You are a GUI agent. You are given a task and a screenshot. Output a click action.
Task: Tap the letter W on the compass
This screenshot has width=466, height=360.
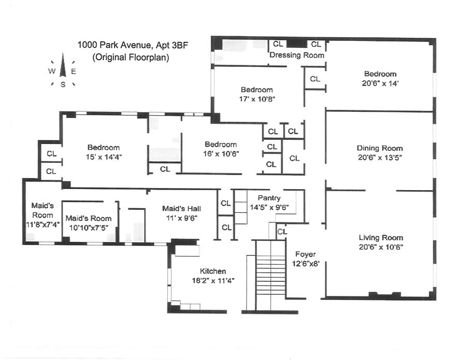click(x=52, y=71)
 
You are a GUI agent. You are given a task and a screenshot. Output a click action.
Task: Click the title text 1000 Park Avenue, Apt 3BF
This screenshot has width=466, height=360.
click(x=133, y=46)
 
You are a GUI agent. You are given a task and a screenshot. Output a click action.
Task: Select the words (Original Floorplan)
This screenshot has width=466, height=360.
click(x=131, y=57)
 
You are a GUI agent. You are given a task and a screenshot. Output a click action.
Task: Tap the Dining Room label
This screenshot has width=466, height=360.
click(x=380, y=148)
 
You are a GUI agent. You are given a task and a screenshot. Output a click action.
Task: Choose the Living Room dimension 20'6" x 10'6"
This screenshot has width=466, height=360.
click(x=381, y=247)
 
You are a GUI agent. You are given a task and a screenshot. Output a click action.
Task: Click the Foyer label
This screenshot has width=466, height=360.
click(x=305, y=254)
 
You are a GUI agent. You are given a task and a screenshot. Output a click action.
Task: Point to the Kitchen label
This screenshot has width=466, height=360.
click(x=213, y=271)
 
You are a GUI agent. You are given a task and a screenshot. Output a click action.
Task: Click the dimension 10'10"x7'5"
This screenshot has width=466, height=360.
click(x=88, y=226)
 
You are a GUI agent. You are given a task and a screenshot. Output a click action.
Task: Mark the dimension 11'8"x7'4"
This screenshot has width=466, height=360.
click(x=42, y=224)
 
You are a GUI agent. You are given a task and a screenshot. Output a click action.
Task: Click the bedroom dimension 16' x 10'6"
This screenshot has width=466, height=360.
click(x=221, y=153)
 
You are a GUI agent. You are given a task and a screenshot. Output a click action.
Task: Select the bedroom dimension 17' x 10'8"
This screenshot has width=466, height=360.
click(x=257, y=98)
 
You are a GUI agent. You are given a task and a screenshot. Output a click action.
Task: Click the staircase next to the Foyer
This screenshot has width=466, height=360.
click(x=270, y=275)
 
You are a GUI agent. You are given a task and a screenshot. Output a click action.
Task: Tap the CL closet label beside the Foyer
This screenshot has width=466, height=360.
click(x=282, y=232)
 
